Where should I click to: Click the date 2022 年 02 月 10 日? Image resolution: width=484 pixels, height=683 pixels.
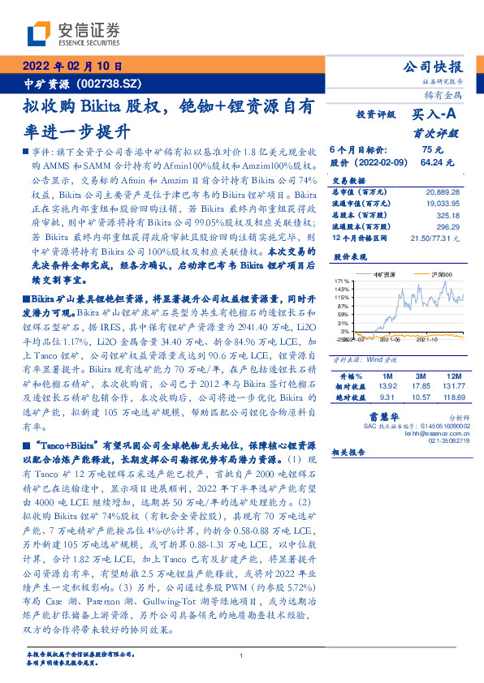coord(71,67)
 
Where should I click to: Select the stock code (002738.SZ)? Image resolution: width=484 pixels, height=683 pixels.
coord(110,83)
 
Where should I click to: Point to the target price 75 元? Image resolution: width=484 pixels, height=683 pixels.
coord(431,150)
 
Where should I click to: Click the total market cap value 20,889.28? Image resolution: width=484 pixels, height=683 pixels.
coord(443,191)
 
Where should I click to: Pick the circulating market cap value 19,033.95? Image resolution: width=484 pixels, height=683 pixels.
coord(443,204)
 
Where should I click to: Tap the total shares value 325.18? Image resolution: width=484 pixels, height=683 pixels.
coord(448,216)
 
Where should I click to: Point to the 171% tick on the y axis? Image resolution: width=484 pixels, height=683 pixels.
coord(341,281)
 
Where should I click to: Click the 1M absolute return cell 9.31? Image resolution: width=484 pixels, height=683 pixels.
coord(386,397)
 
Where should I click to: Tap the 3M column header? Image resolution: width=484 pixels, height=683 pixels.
coord(420,376)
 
